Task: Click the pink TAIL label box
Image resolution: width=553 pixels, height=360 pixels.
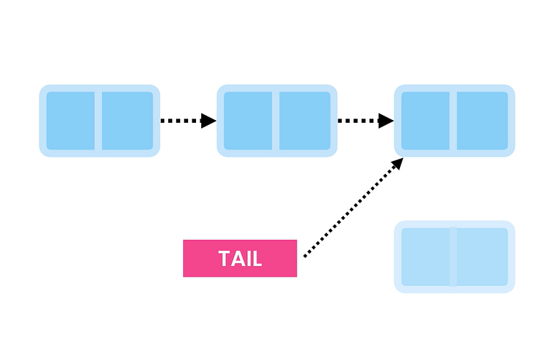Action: click(240, 258)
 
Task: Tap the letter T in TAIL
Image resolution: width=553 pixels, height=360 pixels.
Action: click(223, 259)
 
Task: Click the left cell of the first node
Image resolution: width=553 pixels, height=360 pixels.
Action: click(70, 121)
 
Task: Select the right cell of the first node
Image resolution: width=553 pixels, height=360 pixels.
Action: click(127, 121)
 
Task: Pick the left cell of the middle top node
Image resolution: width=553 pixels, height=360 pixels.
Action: click(248, 121)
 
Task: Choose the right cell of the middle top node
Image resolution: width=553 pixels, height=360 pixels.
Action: click(305, 121)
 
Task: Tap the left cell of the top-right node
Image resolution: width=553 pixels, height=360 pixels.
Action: click(425, 121)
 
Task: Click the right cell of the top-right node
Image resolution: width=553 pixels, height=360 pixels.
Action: click(482, 121)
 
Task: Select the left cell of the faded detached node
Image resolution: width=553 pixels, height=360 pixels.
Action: click(425, 257)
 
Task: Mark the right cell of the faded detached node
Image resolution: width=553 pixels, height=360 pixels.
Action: click(482, 257)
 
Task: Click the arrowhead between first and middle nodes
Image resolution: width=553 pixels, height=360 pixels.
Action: click(208, 121)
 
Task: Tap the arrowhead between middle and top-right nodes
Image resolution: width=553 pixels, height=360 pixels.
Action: click(386, 121)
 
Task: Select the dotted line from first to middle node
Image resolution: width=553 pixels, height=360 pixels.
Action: click(180, 121)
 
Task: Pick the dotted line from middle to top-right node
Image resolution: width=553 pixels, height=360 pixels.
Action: click(357, 121)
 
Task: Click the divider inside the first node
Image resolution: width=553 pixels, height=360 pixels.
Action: click(98, 121)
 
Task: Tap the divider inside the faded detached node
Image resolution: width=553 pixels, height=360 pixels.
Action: click(453, 257)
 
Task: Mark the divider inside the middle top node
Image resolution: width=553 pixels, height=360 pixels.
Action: click(276, 121)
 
